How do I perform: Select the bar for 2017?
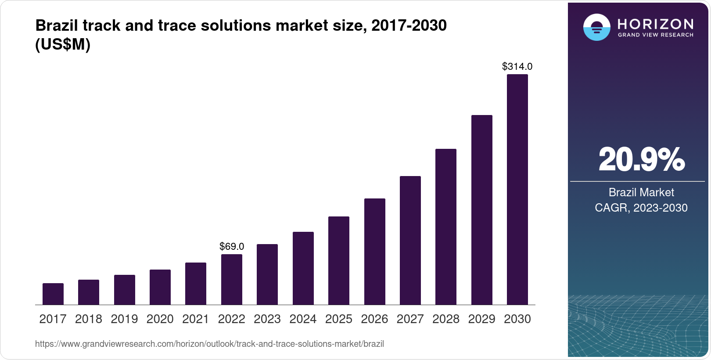coord(53,294)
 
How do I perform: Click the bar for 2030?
coord(517,189)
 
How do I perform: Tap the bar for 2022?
coord(232,279)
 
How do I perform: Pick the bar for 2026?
coord(375,251)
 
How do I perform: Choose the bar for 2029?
coord(482,210)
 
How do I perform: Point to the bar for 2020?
coord(160,287)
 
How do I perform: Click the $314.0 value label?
coord(517,67)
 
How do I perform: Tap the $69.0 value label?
coord(232,247)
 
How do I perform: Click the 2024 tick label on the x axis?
coord(303,319)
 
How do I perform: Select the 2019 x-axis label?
coord(124,319)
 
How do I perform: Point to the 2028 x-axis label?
coord(446,319)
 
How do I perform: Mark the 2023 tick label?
coord(267,319)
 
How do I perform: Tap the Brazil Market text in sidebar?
coord(641,192)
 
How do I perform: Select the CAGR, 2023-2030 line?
coord(641,208)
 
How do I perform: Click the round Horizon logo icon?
coord(596,27)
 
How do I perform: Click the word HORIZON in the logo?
coord(655,24)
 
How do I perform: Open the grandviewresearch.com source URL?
coord(209,344)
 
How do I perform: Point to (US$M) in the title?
coord(63,44)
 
